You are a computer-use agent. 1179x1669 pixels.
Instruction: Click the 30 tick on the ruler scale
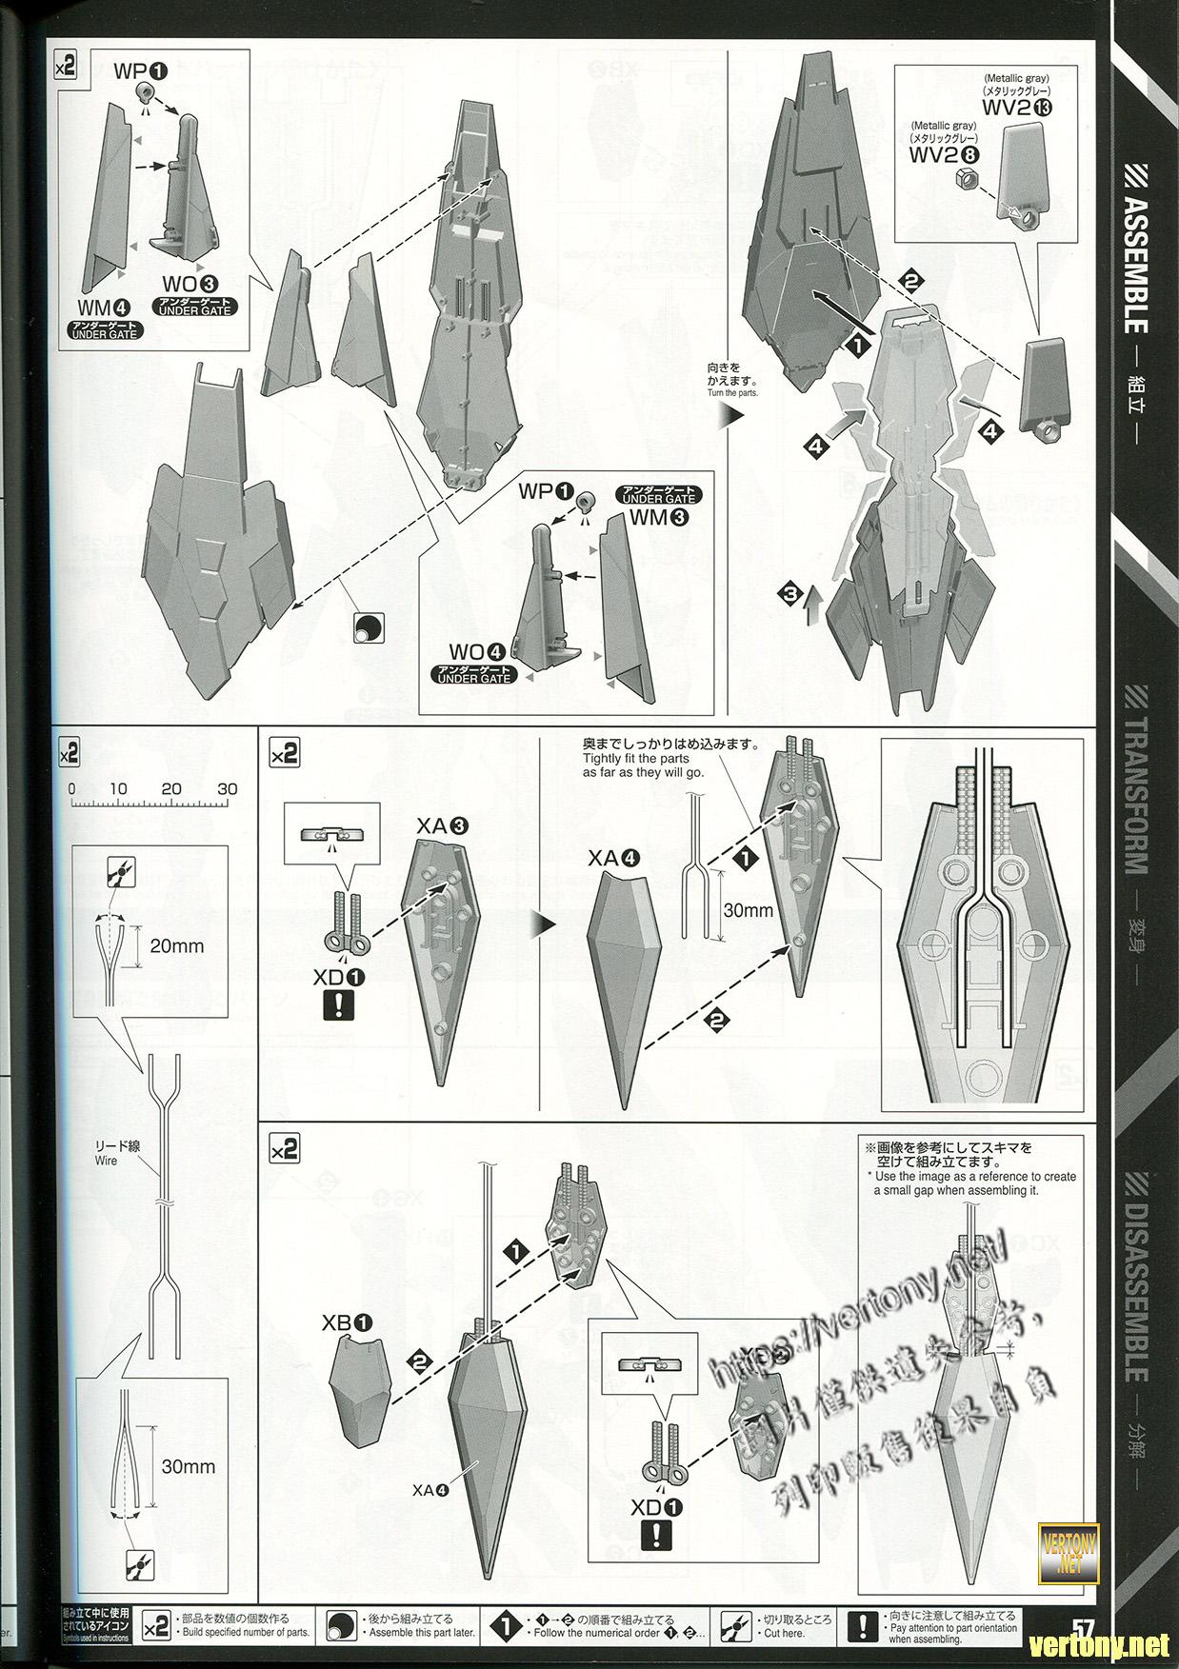pos(227,789)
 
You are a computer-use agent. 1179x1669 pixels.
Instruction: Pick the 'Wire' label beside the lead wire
pos(106,1161)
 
